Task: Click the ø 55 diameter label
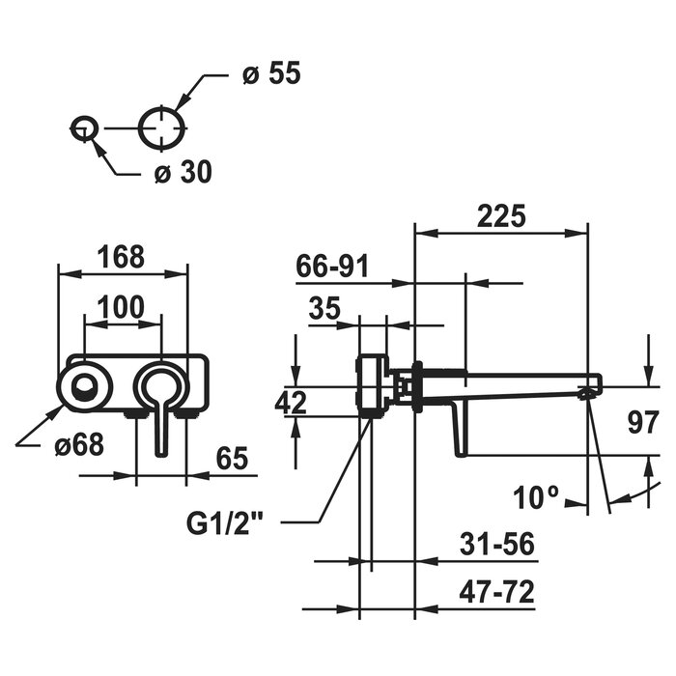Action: coord(271,72)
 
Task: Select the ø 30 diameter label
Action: coord(183,172)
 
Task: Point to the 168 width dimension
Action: coord(121,257)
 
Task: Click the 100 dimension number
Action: coord(121,307)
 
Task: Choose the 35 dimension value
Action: coord(324,308)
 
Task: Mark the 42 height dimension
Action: coord(291,403)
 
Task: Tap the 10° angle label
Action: coord(536,497)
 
